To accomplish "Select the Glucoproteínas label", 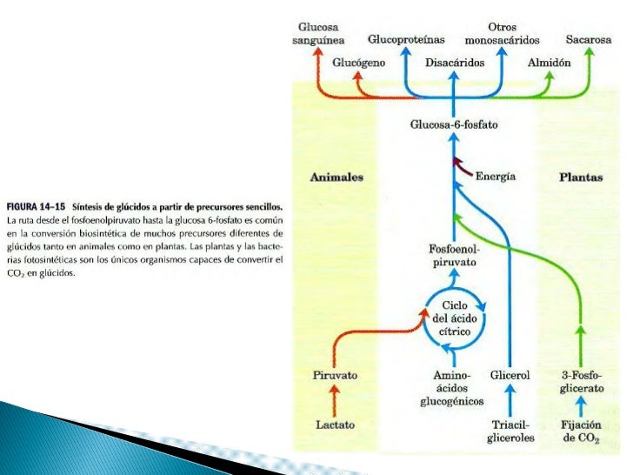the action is (406, 40).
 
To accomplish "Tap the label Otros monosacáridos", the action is (502, 34).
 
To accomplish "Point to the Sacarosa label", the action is (589, 40).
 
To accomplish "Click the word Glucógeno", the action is (359, 64).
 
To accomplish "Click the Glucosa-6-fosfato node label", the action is (454, 125).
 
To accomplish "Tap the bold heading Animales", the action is (336, 177).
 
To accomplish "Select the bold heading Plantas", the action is (581, 177).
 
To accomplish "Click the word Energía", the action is (496, 176).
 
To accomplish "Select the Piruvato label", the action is (335, 375).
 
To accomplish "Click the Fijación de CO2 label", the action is (582, 431).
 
